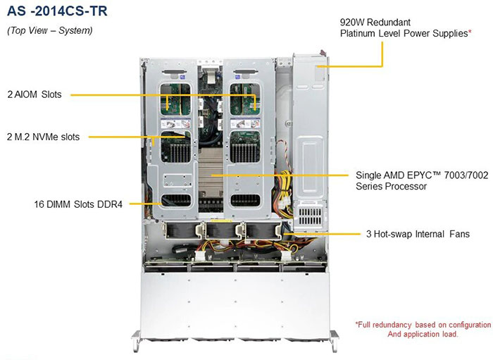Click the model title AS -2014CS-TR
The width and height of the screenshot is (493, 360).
pyautogui.click(x=57, y=11)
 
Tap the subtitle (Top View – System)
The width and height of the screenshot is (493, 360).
pyautogui.click(x=50, y=30)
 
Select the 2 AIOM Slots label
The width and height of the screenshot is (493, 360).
pyautogui.click(x=35, y=94)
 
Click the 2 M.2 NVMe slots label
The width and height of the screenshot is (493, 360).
pyautogui.click(x=44, y=137)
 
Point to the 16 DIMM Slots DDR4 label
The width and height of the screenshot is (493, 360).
pyautogui.click(x=78, y=204)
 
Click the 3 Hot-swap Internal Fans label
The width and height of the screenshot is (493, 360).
pyautogui.click(x=418, y=234)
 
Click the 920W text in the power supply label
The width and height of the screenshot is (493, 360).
pyautogui.click(x=352, y=23)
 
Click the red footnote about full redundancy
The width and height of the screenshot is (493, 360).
pyautogui.click(x=423, y=329)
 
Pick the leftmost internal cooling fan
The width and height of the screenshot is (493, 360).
pyautogui.click(x=180, y=231)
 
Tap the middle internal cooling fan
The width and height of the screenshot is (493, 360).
pyautogui.click(x=222, y=231)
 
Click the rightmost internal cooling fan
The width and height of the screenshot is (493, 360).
pyautogui.click(x=263, y=231)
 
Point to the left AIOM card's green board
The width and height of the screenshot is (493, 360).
pyautogui.click(x=175, y=99)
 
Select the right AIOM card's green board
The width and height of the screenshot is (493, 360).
pyautogui.click(x=245, y=99)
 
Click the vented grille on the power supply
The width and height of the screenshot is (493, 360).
pyautogui.click(x=311, y=216)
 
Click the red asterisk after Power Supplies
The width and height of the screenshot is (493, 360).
pyautogui.click(x=470, y=31)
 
